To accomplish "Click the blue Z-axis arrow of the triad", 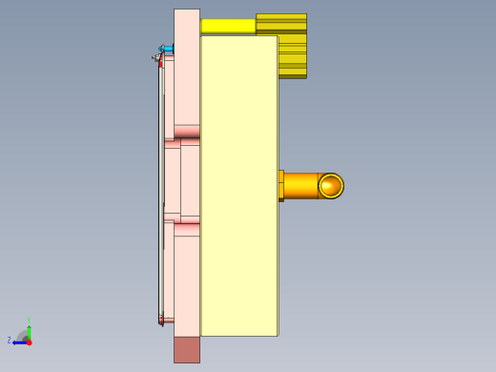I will pos(18,341).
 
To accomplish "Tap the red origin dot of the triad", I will pos(29,341).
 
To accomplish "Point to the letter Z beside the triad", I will pos(10,340).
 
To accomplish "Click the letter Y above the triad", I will pos(29,320).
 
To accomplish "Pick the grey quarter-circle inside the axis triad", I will pos(24,336).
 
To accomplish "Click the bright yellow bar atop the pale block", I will pos(228,26).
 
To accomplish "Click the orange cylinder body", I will pos(300,186).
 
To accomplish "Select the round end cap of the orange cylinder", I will pos(330,186).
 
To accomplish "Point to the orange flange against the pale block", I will pos(280,186).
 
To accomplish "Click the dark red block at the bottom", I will pos(187,349).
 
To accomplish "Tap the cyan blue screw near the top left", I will pos(168,49).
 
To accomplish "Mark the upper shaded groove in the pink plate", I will pos(187,132).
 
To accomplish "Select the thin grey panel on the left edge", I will pos(160,191).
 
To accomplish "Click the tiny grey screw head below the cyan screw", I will pos(155,58).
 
